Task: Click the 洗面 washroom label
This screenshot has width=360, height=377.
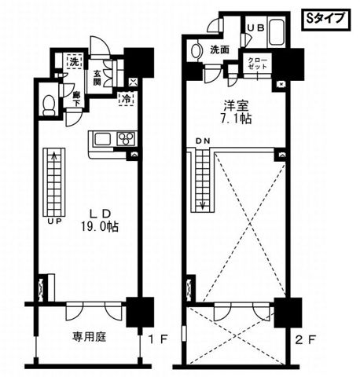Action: point(219,50)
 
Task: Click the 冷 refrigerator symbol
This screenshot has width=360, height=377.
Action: point(127,99)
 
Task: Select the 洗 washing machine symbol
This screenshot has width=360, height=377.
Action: point(73,61)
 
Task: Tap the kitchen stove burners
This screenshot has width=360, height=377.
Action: point(125,138)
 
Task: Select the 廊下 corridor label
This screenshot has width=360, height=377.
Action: point(75,97)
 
